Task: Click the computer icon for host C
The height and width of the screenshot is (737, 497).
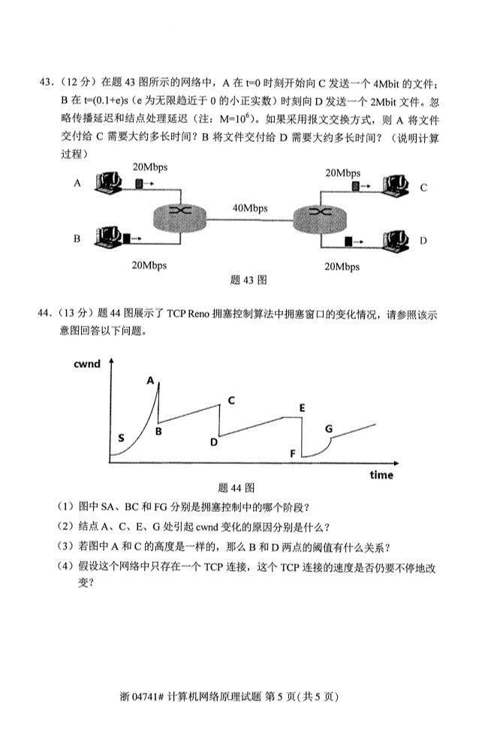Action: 394,185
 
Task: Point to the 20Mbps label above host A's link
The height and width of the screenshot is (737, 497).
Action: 149,167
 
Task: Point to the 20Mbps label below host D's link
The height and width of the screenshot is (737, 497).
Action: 342,267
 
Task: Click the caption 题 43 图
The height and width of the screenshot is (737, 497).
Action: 248,281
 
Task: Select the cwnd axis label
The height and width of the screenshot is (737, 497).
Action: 87,364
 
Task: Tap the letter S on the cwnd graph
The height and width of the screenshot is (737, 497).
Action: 122,438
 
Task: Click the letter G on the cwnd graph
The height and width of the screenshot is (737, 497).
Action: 329,428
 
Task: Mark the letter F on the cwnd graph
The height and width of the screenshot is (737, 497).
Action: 292,454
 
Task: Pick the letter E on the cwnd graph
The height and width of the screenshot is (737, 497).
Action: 302,408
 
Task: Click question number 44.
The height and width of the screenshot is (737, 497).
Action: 45,313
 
